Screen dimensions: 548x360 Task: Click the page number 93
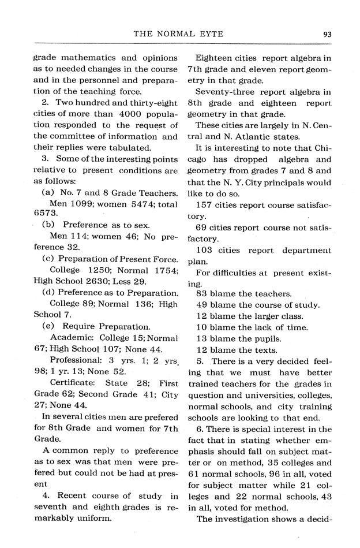pyautogui.click(x=327, y=33)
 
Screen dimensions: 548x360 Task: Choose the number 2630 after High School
pyautogui.click(x=101, y=281)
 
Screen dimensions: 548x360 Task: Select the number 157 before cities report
pyautogui.click(x=205, y=204)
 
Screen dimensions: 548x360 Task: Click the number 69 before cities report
pyautogui.click(x=202, y=227)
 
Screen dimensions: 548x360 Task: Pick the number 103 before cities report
pyautogui.click(x=205, y=250)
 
